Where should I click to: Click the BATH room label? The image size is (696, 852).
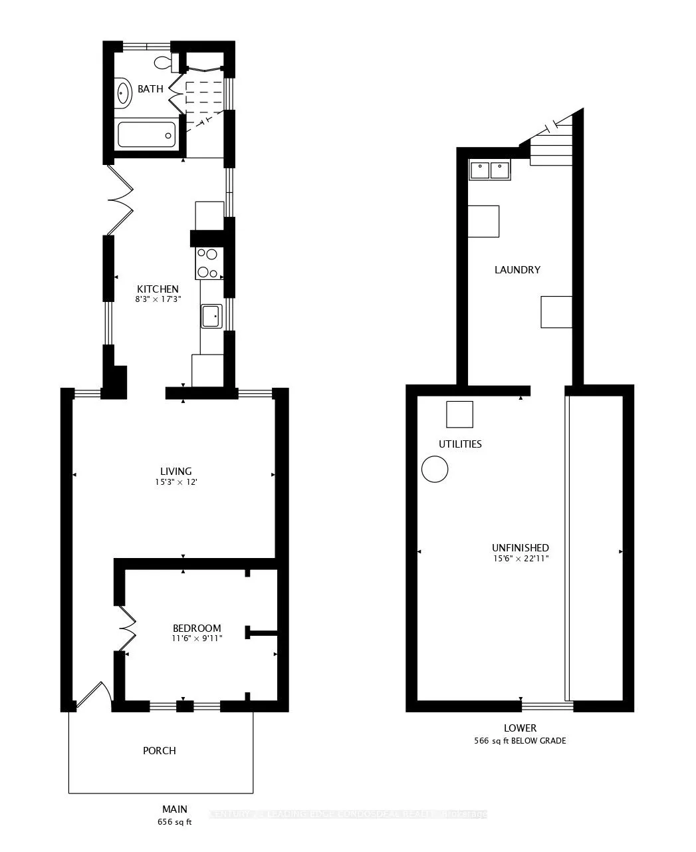[150, 89]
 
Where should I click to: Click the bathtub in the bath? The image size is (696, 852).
[146, 135]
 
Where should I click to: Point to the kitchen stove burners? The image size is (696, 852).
[208, 263]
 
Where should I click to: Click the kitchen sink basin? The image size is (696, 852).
[211, 316]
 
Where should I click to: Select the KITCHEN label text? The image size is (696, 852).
[158, 289]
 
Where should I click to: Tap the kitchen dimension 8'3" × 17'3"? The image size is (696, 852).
[158, 299]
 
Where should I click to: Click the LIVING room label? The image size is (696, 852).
[175, 472]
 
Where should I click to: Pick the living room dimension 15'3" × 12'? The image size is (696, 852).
[175, 482]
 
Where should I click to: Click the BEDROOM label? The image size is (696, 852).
[197, 628]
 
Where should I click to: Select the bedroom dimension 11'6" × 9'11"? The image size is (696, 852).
[197, 639]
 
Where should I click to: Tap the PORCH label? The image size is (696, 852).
[160, 750]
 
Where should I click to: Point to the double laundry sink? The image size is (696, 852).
[490, 170]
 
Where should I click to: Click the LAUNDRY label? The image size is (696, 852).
[517, 270]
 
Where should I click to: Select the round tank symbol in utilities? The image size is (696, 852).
[435, 469]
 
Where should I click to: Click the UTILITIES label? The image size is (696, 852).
[460, 444]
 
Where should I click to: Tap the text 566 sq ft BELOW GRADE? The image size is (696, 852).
[520, 740]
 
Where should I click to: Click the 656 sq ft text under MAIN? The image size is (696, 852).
[175, 822]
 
